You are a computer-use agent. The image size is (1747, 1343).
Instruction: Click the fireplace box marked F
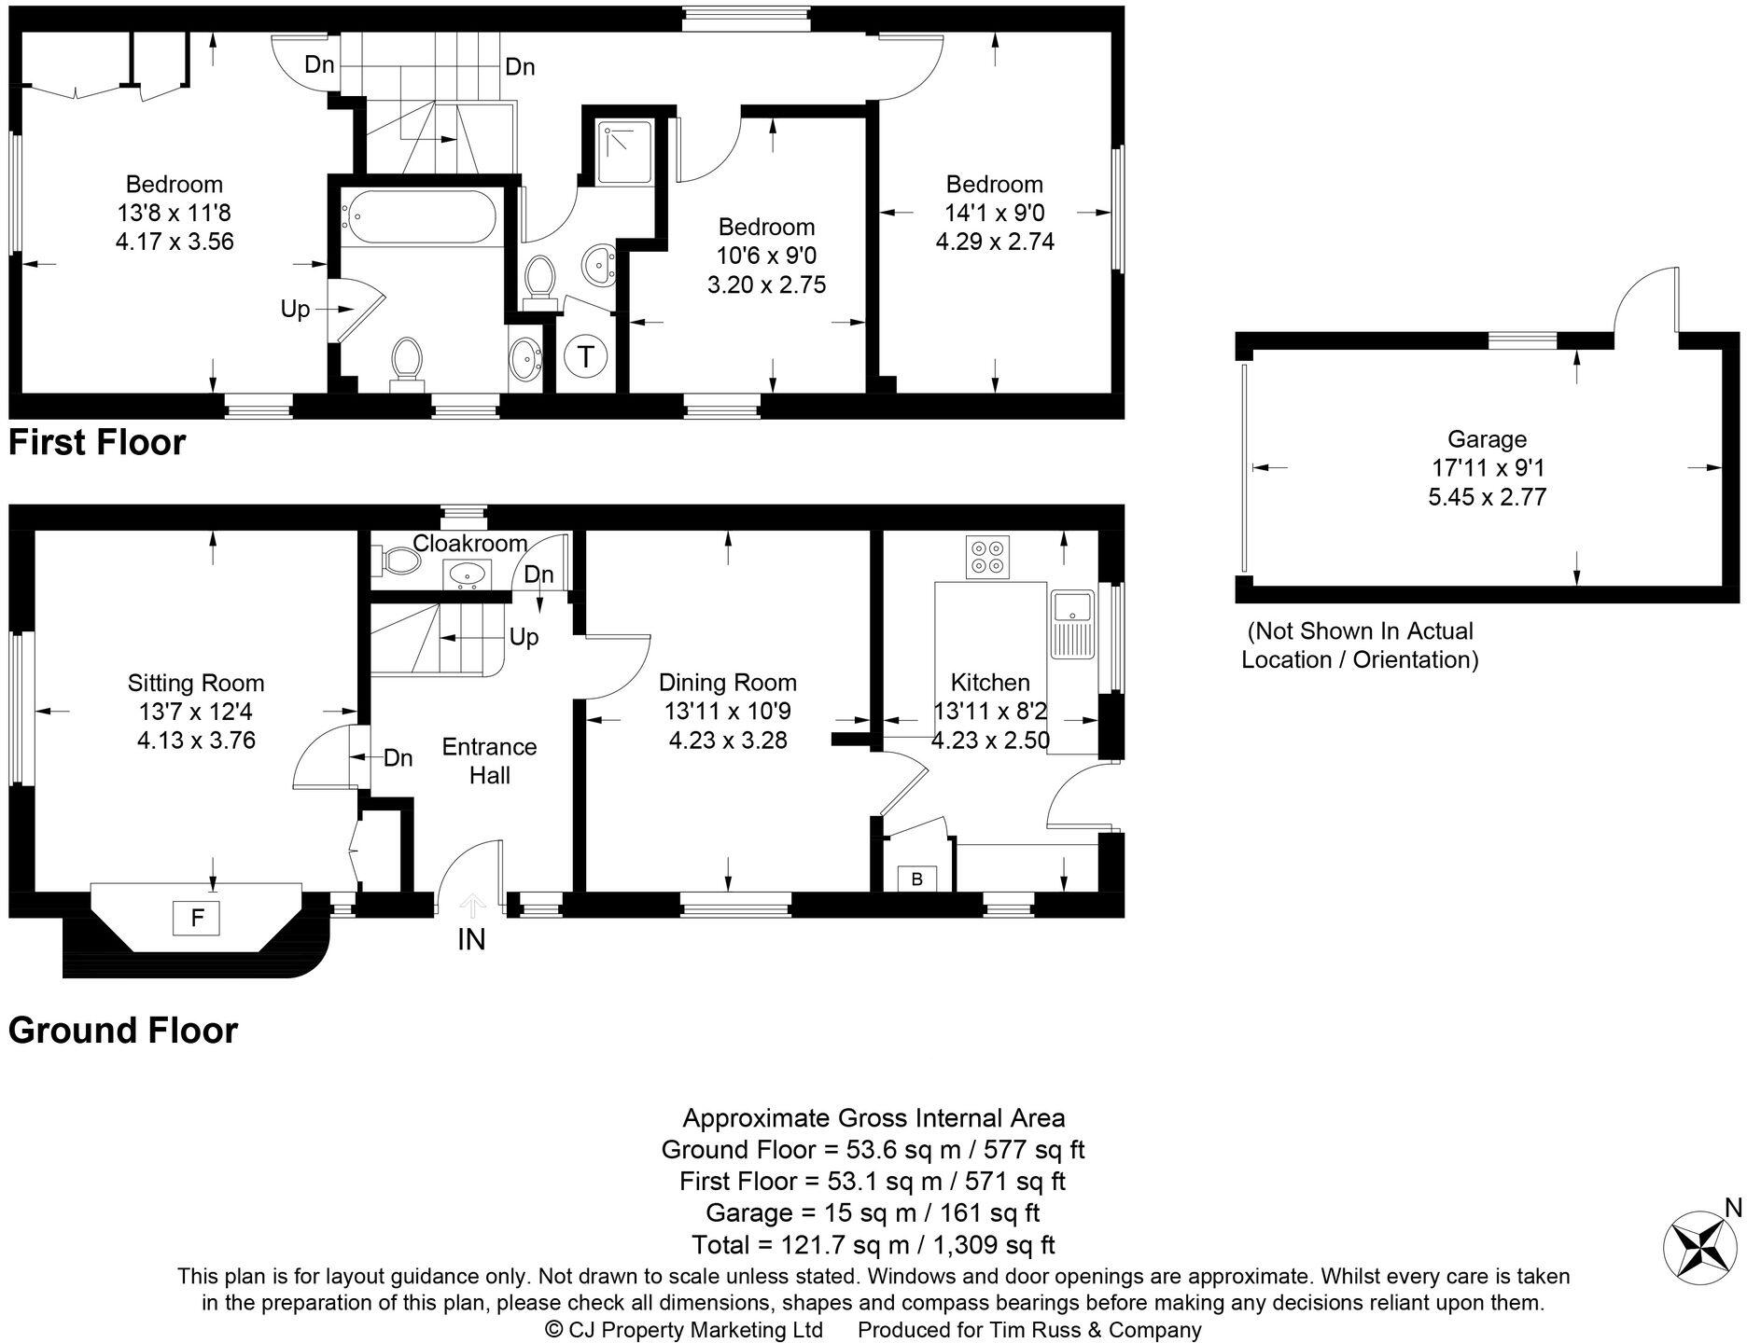tap(197, 918)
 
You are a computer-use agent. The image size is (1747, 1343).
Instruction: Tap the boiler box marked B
tap(916, 879)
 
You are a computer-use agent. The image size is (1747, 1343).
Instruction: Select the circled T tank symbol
tap(586, 356)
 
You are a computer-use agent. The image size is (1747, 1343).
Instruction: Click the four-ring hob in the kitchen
tap(987, 557)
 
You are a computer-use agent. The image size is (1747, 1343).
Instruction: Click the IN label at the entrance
tap(471, 939)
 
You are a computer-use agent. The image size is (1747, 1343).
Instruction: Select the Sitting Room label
tap(196, 683)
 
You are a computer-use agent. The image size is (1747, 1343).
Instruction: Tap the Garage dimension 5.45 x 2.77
tap(1487, 497)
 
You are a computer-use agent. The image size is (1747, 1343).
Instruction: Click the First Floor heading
tap(97, 442)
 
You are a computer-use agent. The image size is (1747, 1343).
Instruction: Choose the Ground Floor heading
tap(123, 1031)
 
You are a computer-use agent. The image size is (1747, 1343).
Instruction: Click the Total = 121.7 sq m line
tap(873, 1244)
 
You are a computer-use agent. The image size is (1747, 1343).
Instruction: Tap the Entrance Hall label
tap(489, 760)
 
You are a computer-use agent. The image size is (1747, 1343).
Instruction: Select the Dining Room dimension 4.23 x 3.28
tap(728, 741)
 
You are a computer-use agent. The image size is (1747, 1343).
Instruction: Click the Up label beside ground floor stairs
tap(524, 637)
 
